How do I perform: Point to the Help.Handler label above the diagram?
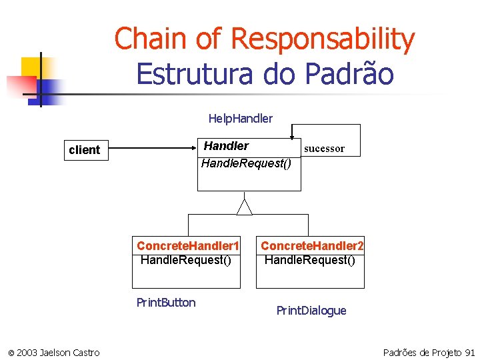(x=240, y=119)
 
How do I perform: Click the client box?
(x=84, y=150)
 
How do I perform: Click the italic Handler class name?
(x=226, y=146)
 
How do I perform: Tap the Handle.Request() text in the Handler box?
(x=246, y=163)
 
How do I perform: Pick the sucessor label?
(x=324, y=149)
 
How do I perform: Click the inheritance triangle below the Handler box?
(x=245, y=207)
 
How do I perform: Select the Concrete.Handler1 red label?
(x=187, y=246)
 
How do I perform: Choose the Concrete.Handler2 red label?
(x=312, y=246)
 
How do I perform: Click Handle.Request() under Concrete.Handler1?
(x=186, y=260)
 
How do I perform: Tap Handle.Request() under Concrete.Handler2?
(x=310, y=260)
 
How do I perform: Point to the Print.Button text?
(x=166, y=303)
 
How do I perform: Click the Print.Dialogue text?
(x=311, y=311)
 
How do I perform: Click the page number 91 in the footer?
(x=469, y=352)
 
